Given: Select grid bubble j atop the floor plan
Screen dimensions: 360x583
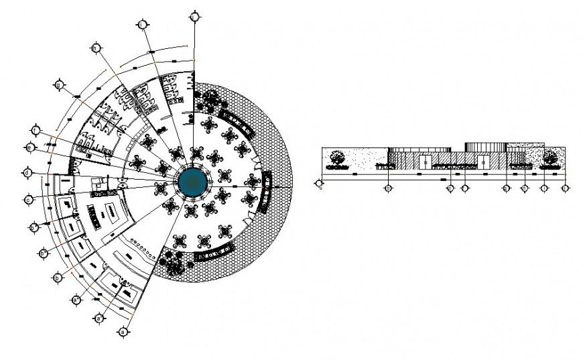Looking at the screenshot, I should point(194,15).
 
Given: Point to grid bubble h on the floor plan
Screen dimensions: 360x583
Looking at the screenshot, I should point(96,48).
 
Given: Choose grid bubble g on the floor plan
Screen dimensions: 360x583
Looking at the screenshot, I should point(59,86).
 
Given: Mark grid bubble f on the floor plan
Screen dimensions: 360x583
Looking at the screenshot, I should point(36,129).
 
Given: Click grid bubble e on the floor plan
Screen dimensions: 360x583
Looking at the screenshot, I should point(30,147).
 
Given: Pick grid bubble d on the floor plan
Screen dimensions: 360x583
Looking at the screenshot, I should point(27,173).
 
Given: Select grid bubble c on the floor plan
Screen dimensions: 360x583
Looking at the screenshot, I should point(28,199).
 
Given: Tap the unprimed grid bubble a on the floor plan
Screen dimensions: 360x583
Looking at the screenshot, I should point(122,331).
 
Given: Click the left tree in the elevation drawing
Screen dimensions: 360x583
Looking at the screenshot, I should point(337,158).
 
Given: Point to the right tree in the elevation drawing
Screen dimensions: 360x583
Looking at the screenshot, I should point(551,158).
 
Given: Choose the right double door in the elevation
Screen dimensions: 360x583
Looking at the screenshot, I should point(482,162).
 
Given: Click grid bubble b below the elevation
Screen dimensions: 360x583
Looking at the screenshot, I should point(388,189).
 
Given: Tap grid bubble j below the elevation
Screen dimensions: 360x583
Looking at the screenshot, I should point(566,189).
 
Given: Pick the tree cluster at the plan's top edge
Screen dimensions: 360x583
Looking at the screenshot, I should point(210,101).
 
